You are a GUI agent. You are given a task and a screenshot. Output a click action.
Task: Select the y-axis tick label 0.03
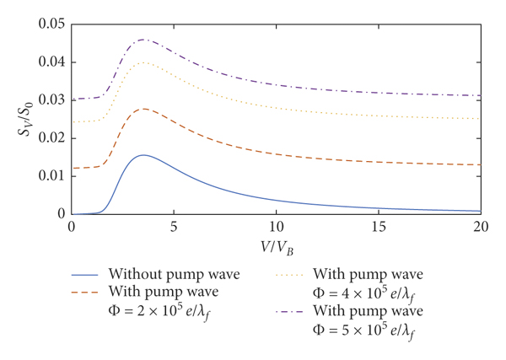(x=52, y=99)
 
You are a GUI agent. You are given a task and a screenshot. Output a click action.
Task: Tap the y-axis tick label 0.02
(x=52, y=137)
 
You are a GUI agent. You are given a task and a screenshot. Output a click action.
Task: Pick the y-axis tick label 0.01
(x=52, y=176)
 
